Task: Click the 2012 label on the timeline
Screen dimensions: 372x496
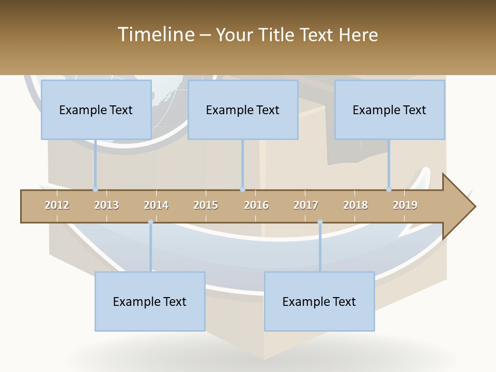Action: pos(57,205)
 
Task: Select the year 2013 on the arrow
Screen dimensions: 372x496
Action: pos(106,205)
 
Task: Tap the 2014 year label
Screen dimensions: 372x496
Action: pos(156,205)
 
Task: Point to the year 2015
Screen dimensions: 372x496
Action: pos(206,205)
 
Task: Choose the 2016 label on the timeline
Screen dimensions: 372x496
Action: pos(256,205)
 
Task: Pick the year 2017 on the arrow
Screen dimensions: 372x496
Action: pos(306,205)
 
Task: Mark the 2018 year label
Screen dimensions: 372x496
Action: pos(355,205)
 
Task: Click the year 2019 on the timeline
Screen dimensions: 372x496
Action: pos(405,205)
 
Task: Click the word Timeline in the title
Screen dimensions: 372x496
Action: pos(155,35)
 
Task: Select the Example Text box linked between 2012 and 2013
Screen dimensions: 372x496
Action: pos(96,110)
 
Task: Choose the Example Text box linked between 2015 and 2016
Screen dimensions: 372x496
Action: pos(243,110)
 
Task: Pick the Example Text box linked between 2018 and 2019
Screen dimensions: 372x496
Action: pos(390,110)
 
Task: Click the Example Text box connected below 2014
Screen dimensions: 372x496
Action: pos(150,301)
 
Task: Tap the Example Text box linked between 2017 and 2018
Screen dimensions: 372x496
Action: pos(319,301)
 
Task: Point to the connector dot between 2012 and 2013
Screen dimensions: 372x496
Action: pos(95,190)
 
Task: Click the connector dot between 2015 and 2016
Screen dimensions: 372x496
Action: pos(242,190)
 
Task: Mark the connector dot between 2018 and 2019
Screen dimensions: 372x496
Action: pos(389,190)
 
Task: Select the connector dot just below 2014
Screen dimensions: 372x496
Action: pos(150,222)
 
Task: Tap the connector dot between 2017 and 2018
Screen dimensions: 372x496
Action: pos(320,222)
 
